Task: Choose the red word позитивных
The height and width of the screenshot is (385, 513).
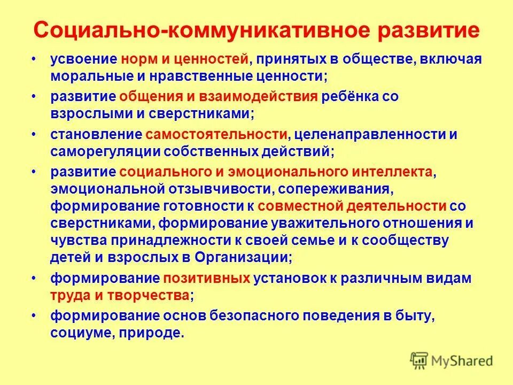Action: (207, 278)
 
